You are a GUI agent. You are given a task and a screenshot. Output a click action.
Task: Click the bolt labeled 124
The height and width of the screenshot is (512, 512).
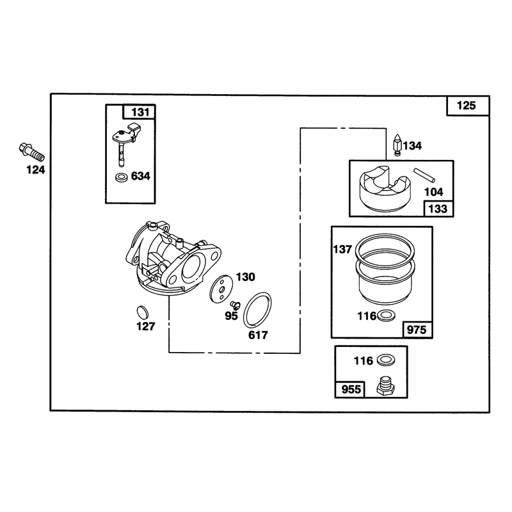[31, 152]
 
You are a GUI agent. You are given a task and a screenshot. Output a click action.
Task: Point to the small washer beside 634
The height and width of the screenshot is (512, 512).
[122, 178]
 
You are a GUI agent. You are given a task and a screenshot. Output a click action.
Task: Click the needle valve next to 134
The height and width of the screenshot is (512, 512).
[397, 145]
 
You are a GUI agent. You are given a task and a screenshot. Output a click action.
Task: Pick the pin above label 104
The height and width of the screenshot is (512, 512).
[424, 175]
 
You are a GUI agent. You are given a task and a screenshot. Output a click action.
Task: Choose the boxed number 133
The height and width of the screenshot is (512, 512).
[438, 209]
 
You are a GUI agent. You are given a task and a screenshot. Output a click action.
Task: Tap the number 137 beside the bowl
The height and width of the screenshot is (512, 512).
[342, 250]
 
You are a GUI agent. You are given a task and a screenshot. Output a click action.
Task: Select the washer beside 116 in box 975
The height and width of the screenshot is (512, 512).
[387, 316]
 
